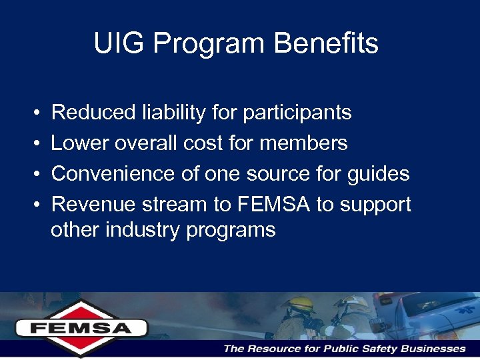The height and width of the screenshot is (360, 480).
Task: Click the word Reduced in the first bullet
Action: (x=93, y=113)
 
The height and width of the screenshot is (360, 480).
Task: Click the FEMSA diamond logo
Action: (x=81, y=327)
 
